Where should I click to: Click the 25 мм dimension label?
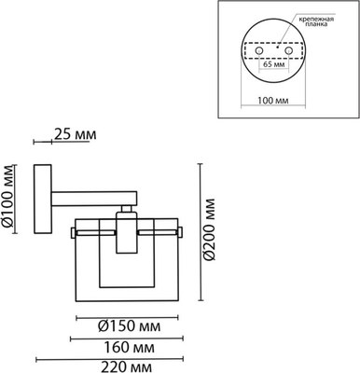click(x=76, y=134)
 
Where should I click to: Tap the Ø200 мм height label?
click(x=209, y=228)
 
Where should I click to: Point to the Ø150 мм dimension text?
click(x=130, y=326)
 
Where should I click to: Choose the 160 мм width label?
click(x=129, y=348)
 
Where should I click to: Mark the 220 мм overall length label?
click(x=127, y=366)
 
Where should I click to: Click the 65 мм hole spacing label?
click(x=274, y=64)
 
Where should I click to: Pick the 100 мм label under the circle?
click(x=273, y=101)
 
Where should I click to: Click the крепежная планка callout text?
click(x=316, y=21)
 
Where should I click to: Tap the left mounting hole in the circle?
click(x=259, y=50)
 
